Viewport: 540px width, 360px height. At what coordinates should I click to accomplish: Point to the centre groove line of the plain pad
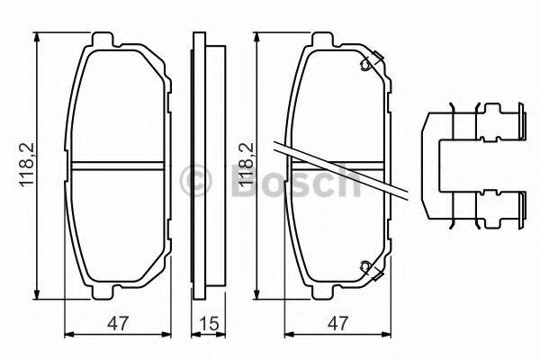coord(118,166)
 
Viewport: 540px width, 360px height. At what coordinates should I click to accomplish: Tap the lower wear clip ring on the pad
coord(365,265)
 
